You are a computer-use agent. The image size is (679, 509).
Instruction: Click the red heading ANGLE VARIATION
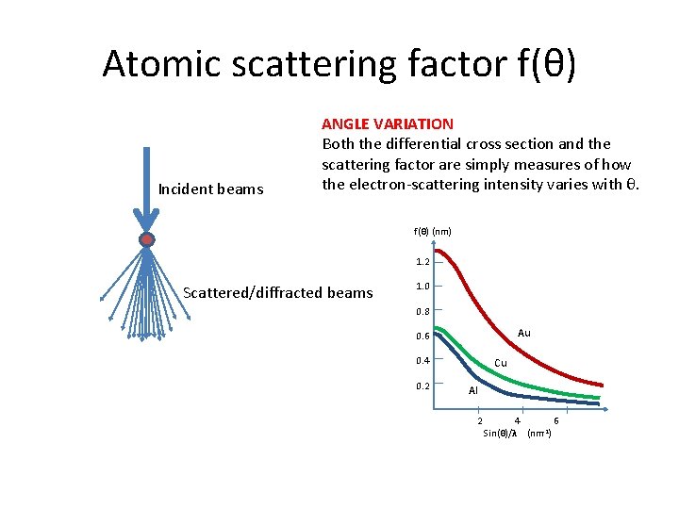tap(388, 123)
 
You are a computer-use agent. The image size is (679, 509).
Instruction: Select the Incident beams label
tap(210, 189)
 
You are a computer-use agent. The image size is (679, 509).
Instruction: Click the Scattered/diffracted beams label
tap(278, 292)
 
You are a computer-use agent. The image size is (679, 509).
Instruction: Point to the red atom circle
tap(146, 239)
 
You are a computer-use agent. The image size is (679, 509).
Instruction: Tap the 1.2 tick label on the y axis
tap(422, 261)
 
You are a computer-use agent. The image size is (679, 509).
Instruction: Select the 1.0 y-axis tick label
tap(422, 286)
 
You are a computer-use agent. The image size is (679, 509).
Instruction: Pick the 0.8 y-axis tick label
tap(422, 311)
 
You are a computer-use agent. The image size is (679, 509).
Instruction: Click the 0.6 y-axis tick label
tap(422, 337)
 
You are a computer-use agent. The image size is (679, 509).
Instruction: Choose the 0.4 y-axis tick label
tap(422, 361)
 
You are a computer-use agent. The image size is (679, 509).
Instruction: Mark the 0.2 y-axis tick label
tap(422, 386)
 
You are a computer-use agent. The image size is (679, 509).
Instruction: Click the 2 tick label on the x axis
tap(479, 420)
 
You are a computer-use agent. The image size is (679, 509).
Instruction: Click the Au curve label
tap(524, 333)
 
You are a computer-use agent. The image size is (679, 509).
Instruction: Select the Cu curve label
tap(501, 363)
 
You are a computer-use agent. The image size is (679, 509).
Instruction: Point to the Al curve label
tap(473, 389)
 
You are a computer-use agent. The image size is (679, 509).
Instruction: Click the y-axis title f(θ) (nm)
tap(433, 231)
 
